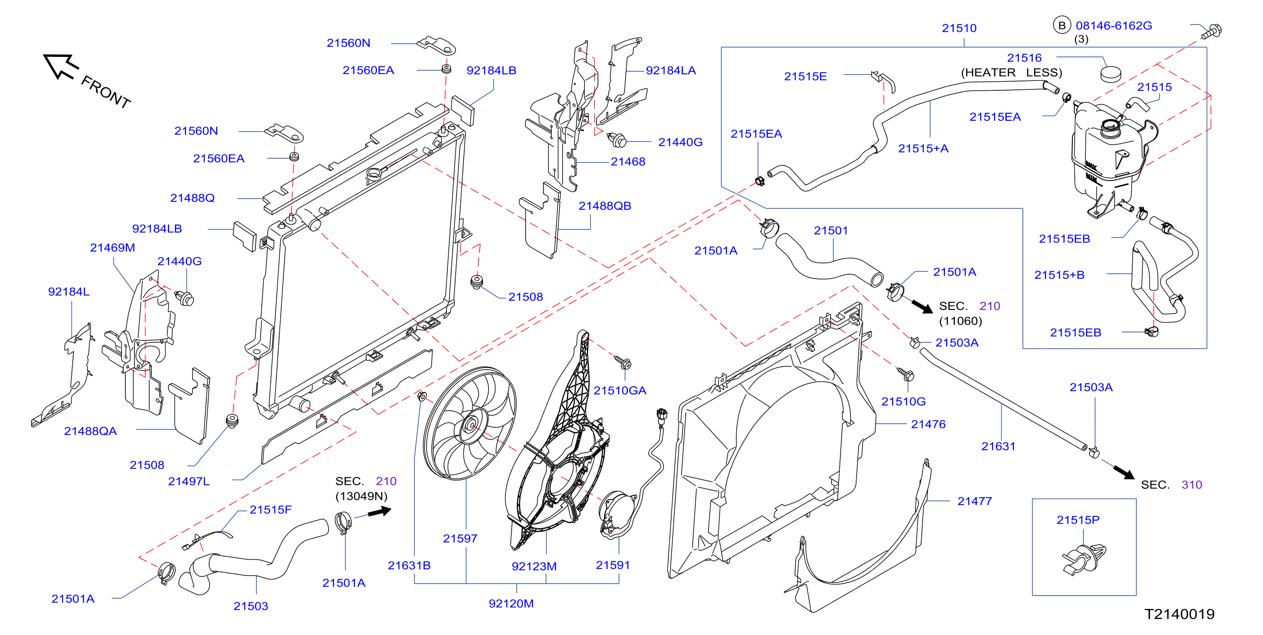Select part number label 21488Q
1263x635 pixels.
(x=192, y=198)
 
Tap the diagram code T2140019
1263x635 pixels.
(x=1179, y=614)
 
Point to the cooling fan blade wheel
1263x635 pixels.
(x=469, y=423)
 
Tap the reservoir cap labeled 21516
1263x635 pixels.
(x=1111, y=74)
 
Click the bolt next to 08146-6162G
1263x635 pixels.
(x=1211, y=31)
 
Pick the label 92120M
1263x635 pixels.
(x=511, y=604)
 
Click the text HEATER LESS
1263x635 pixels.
(x=1011, y=73)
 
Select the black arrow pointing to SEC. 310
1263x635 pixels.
(x=1123, y=472)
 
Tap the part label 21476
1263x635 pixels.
(x=928, y=424)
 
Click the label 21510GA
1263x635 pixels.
(x=620, y=391)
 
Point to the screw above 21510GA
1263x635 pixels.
(x=623, y=362)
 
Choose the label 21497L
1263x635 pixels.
(x=189, y=481)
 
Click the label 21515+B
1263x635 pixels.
(x=1059, y=275)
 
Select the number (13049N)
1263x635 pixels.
(x=362, y=496)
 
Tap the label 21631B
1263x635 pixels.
(x=409, y=565)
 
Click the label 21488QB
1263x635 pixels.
(x=605, y=206)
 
